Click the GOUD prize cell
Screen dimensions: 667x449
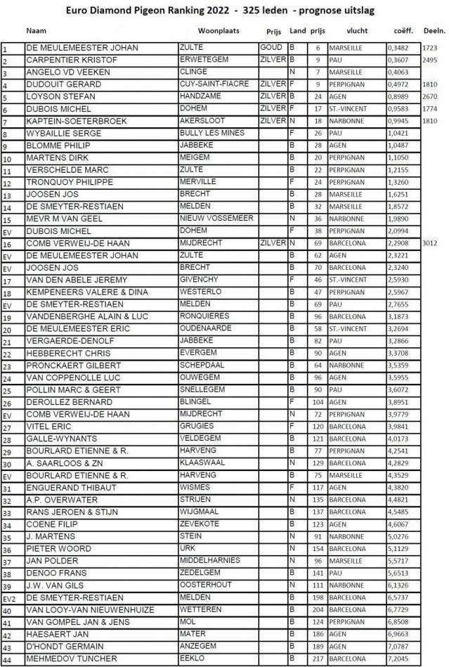[271, 48]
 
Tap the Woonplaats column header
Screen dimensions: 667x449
[219, 32]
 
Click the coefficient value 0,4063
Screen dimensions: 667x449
[398, 72]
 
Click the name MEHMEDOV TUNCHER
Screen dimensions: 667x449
[73, 658]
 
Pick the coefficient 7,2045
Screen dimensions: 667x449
[398, 658]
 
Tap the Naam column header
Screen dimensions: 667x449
[37, 32]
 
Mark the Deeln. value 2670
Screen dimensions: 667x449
[431, 96]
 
